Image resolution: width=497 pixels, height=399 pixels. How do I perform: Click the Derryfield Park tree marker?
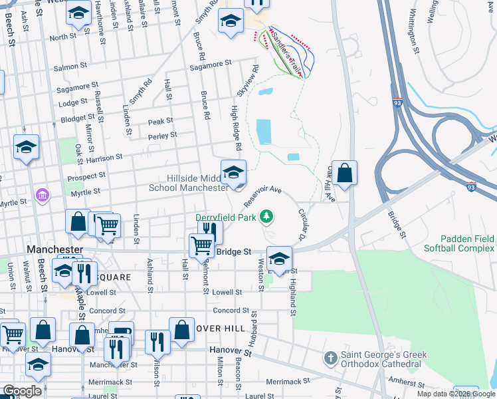(266, 216)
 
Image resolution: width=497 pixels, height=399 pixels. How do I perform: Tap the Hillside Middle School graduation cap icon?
(233, 173)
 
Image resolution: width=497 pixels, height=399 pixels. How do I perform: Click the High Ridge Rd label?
(235, 126)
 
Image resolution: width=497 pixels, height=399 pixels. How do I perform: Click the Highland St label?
(291, 292)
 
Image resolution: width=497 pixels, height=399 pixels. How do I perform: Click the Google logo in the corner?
(22, 392)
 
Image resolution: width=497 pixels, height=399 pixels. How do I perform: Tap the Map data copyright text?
(456, 394)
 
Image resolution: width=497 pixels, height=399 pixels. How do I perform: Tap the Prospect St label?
(87, 176)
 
